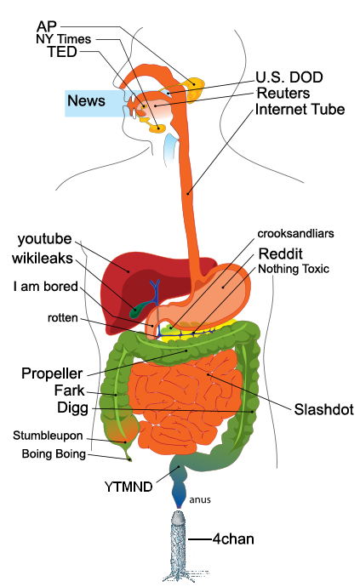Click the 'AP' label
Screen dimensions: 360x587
pos(47,26)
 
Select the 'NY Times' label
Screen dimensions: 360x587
pos(63,39)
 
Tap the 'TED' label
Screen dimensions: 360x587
pos(62,52)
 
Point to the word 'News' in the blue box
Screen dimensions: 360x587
pos(86,100)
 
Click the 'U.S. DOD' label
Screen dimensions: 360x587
pos(289,77)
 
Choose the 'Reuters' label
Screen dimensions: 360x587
pos(283,93)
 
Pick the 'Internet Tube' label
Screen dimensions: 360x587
pos(300,109)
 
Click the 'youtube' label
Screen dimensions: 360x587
pos(44,239)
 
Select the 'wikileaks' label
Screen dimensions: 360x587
pos(43,259)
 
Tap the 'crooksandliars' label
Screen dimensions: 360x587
pos(295,234)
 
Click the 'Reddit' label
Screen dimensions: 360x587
pos(281,254)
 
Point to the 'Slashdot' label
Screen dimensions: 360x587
pos(323,409)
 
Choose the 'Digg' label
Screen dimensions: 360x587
pos(72,407)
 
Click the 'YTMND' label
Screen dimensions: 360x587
pos(129,487)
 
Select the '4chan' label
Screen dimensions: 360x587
pos(233,539)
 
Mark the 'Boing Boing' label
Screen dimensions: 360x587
pos(54,453)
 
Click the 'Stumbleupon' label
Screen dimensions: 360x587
pos(48,436)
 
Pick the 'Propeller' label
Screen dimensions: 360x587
pos(52,373)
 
